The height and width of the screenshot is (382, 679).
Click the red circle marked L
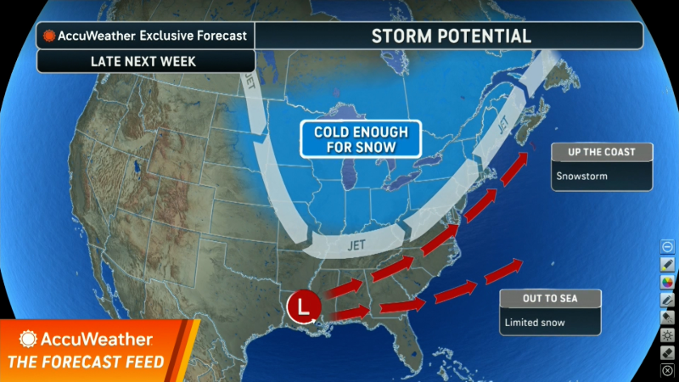click(304, 306)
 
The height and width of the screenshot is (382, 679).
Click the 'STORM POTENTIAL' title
click(451, 36)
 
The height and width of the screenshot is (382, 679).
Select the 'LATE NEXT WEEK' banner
click(145, 61)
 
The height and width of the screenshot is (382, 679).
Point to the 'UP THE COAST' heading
click(602, 153)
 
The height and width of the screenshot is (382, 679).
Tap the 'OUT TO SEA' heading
click(550, 299)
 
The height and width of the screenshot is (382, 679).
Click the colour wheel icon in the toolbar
click(667, 281)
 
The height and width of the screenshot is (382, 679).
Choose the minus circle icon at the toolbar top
click(667, 245)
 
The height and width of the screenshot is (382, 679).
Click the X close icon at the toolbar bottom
click(667, 370)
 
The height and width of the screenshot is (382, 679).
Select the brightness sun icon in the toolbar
click(667, 334)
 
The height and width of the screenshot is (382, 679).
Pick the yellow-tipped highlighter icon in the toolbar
click(667, 263)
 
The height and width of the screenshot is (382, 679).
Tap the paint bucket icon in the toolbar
click(667, 317)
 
